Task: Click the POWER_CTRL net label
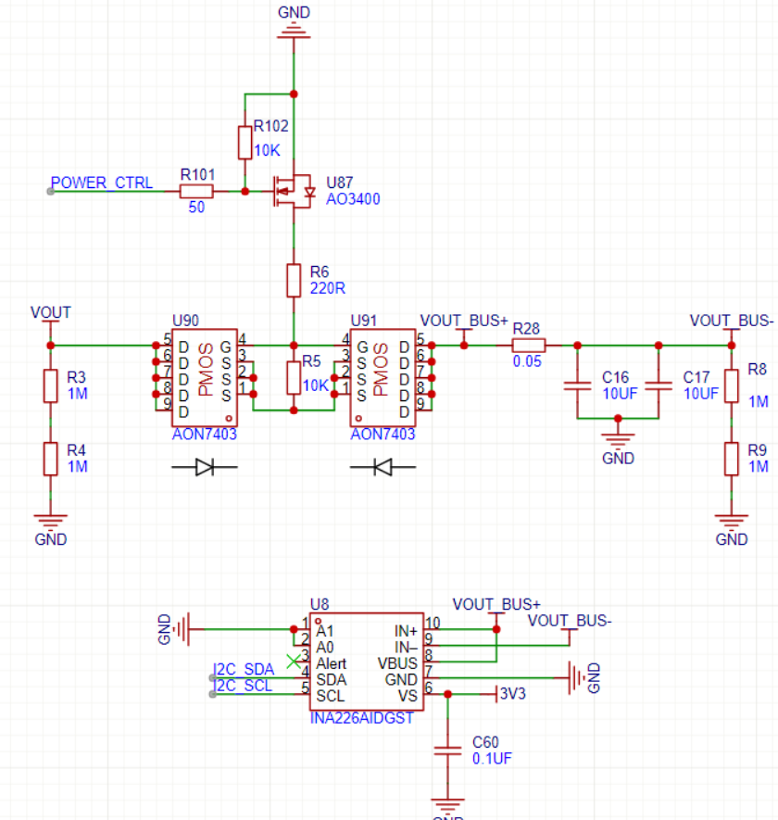102,183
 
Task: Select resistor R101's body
195,192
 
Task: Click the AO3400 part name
353,198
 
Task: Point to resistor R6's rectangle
294,279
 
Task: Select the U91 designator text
366,321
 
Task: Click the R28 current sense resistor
529,345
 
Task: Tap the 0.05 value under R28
528,361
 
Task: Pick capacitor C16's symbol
577,383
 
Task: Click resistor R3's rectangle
51,385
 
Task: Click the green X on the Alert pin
295,662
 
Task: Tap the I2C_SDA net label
244,669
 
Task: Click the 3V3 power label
512,693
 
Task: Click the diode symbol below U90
206,469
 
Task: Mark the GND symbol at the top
294,32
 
